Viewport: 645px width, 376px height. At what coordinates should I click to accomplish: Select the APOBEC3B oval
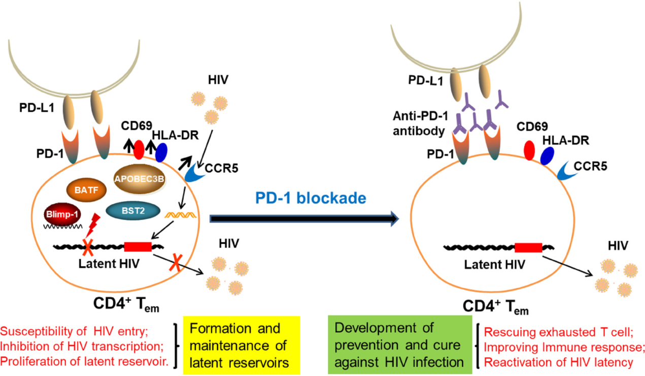coord(139,178)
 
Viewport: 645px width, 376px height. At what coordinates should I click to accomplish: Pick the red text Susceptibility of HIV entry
coord(74,331)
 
